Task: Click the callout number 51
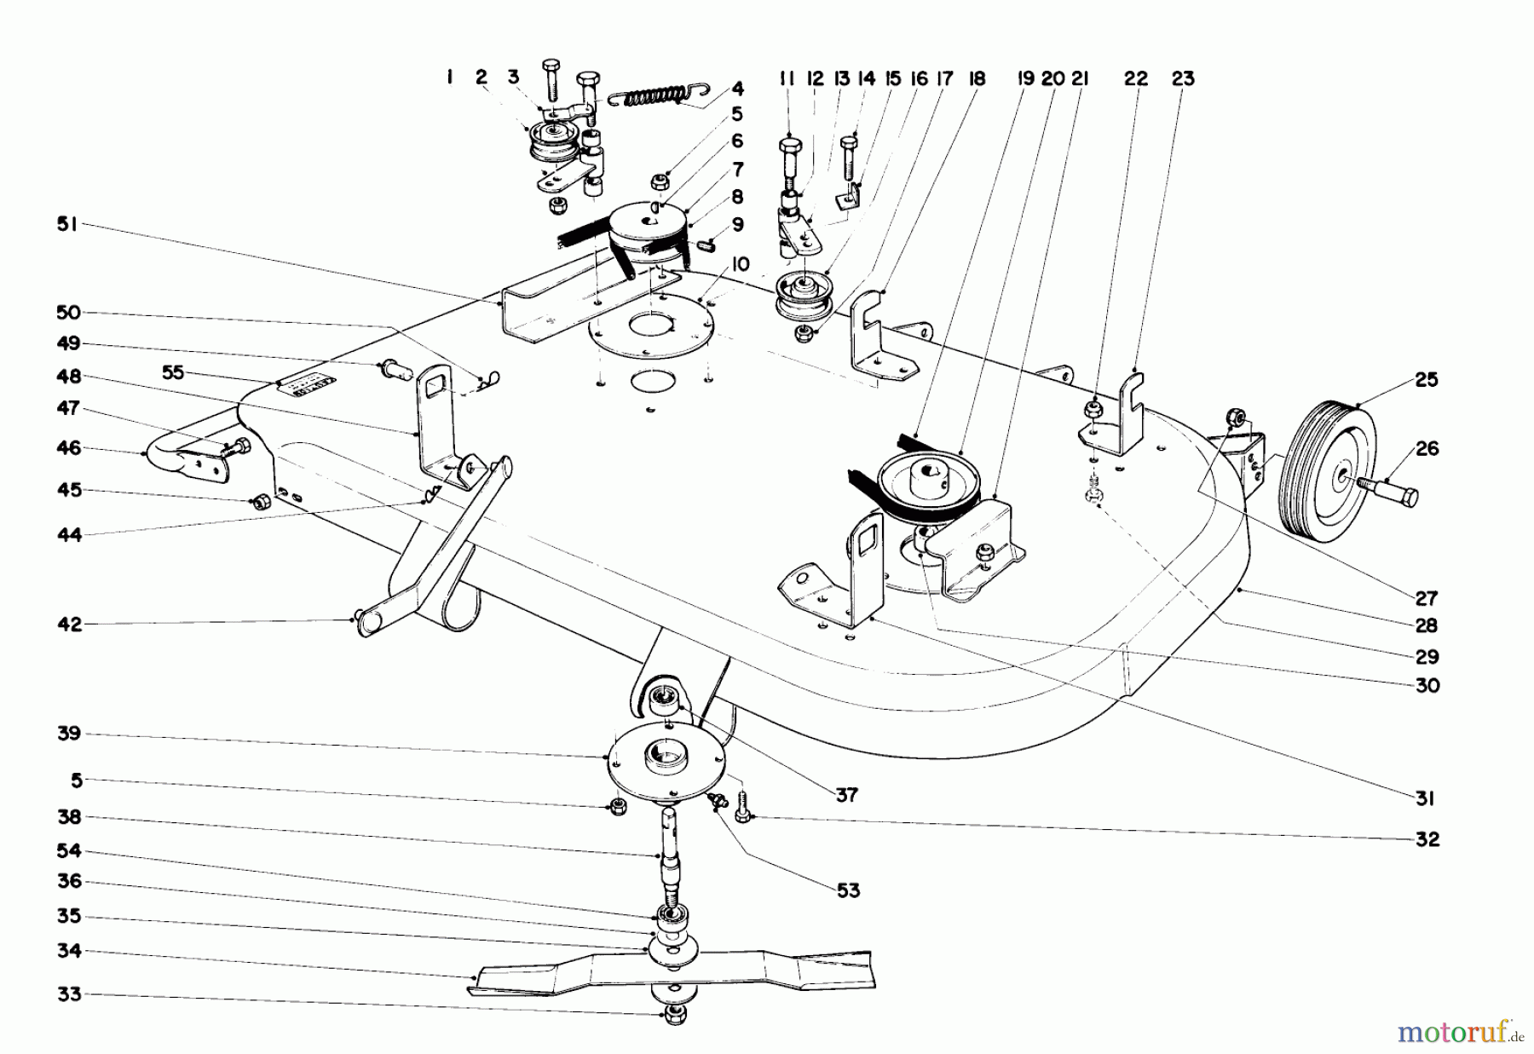(x=66, y=224)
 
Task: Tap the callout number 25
(x=1426, y=380)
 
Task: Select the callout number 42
(x=69, y=625)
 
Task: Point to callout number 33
(x=69, y=994)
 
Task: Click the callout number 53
(x=848, y=890)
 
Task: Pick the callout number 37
(x=847, y=795)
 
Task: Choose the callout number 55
(x=173, y=372)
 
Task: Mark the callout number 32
(x=1426, y=839)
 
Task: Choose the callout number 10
(x=739, y=265)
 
